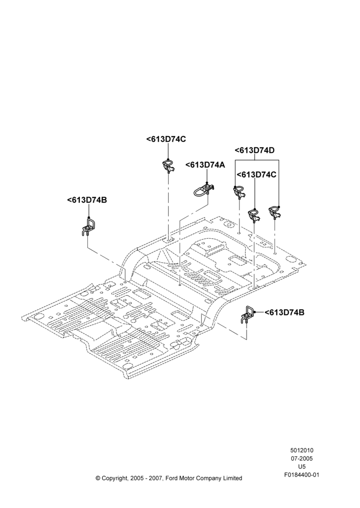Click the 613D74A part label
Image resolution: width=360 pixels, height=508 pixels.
[205, 165]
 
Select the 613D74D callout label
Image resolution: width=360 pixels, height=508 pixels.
[255, 150]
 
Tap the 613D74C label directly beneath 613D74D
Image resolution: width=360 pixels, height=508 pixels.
[257, 175]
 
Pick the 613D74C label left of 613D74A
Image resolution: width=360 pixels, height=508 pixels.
[166, 139]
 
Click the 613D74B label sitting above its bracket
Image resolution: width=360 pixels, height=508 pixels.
[87, 200]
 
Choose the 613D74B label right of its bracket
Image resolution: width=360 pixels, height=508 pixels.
[284, 312]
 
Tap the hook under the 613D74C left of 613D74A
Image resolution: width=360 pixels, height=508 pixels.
[168, 166]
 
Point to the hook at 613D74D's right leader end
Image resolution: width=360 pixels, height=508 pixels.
[275, 212]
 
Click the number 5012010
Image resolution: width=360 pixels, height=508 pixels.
[302, 450]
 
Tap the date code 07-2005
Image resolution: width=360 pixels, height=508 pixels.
[302, 458]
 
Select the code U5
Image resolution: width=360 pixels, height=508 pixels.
[302, 467]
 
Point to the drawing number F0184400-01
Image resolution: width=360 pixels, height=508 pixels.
[302, 475]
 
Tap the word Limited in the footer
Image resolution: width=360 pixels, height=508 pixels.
[232, 478]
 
